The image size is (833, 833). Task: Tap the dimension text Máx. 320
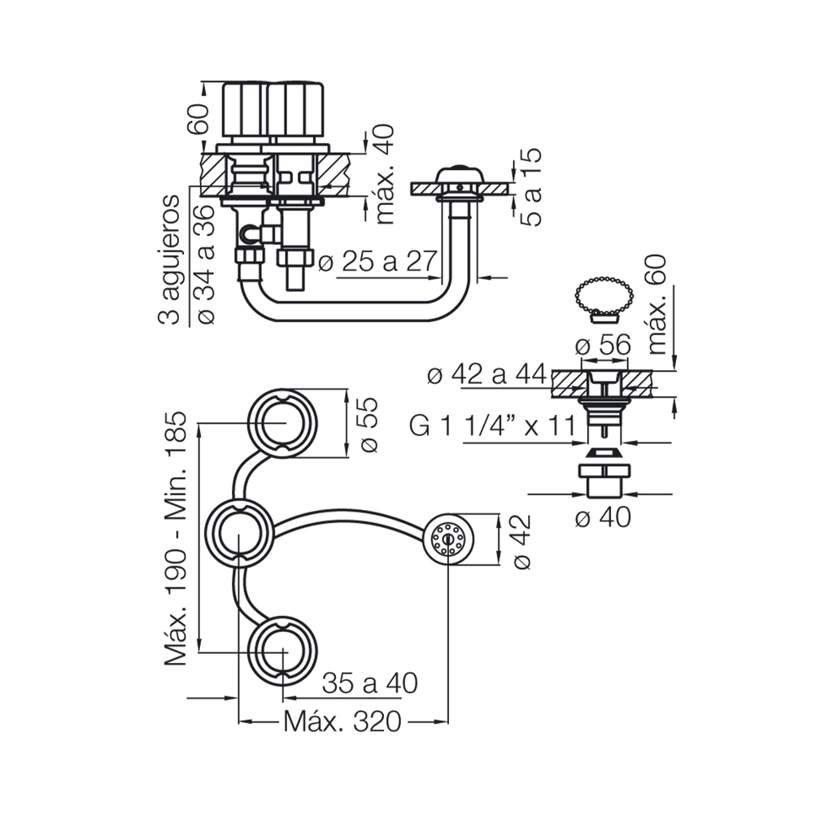pyautogui.click(x=342, y=721)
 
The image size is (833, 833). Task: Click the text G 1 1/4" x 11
pyautogui.click(x=492, y=425)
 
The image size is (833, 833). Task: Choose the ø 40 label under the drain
pyautogui.click(x=602, y=517)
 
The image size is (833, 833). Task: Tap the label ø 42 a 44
pyautogui.click(x=486, y=375)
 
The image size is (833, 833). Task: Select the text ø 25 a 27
pyautogui.click(x=378, y=262)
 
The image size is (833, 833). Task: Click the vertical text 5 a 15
pyautogui.click(x=532, y=187)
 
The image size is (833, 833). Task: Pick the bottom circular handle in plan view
pyautogui.click(x=284, y=652)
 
